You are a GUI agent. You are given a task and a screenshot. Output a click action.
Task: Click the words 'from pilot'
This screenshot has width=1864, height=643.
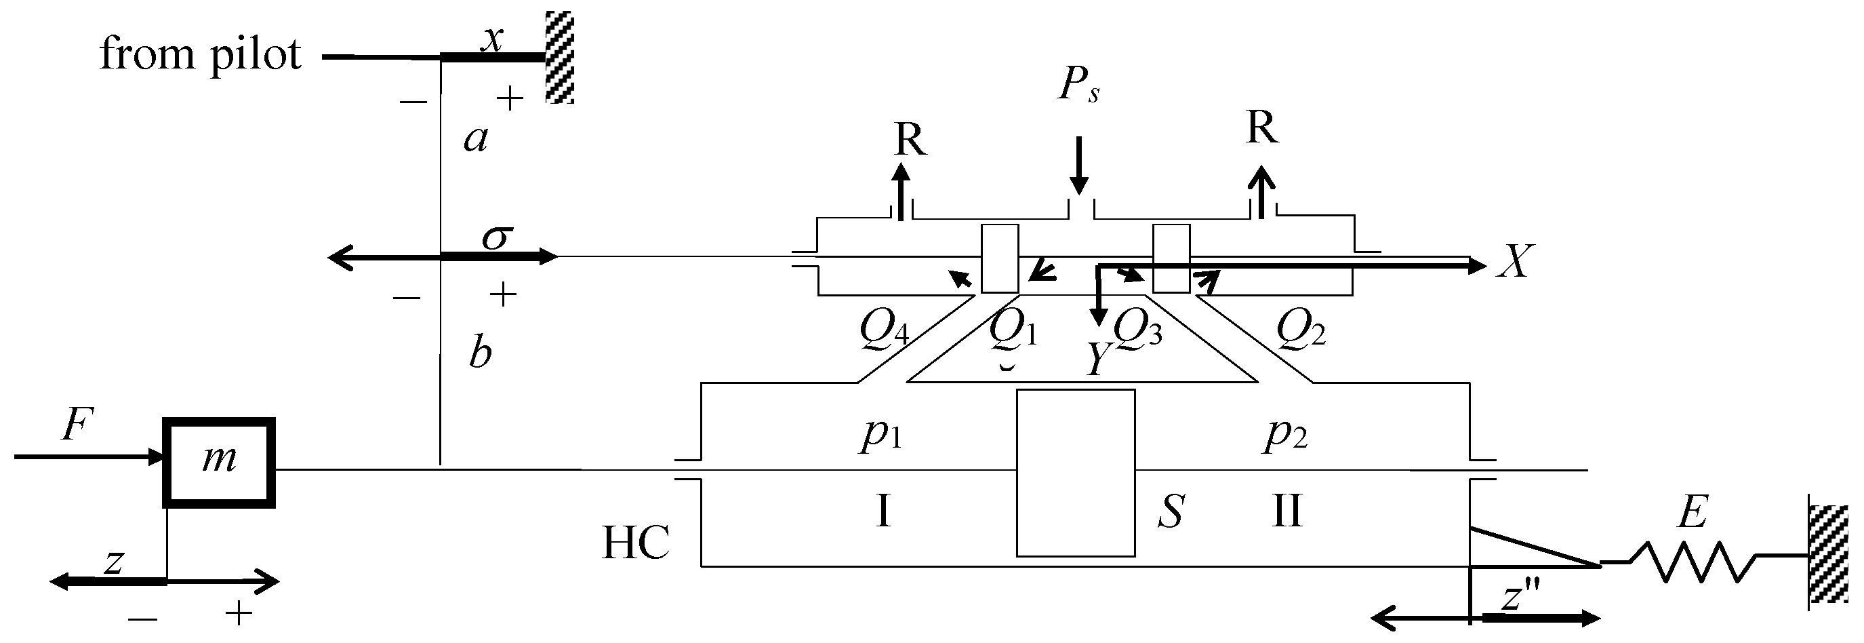(x=200, y=54)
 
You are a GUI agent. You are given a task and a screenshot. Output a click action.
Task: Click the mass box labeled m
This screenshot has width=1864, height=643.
(x=218, y=462)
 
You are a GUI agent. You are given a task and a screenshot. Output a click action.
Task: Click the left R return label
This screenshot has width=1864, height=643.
(x=910, y=139)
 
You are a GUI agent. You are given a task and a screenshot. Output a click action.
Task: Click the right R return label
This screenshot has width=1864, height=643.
(x=1262, y=128)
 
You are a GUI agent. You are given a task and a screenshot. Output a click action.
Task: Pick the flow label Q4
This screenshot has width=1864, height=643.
(x=883, y=330)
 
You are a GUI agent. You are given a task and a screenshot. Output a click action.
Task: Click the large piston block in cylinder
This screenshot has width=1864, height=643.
(x=1075, y=473)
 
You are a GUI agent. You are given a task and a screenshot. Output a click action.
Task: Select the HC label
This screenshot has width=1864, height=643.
(x=635, y=543)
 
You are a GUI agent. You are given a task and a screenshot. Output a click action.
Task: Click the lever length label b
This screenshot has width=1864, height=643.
(x=480, y=353)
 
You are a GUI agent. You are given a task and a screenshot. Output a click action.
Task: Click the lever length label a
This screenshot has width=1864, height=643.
(x=475, y=138)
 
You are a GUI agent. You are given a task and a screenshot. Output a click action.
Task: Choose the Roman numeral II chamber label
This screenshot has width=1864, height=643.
(x=1286, y=511)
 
